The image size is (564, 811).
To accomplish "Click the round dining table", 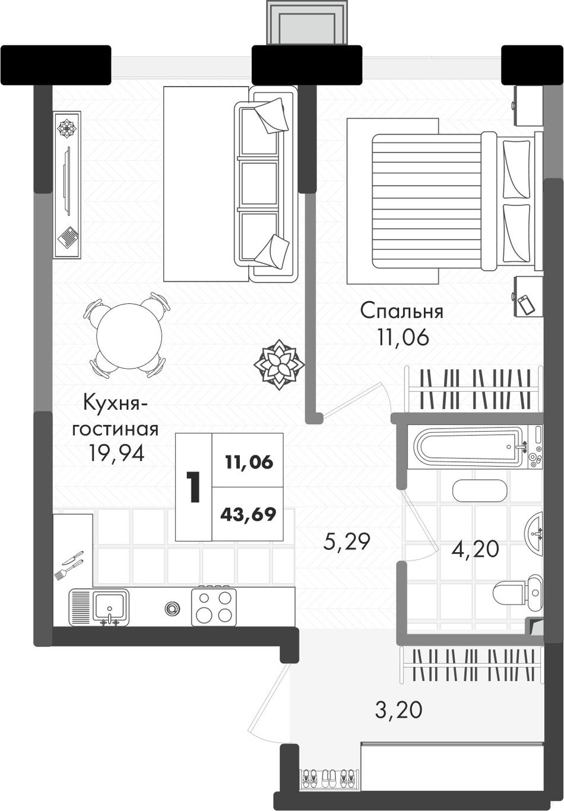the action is (x=129, y=335).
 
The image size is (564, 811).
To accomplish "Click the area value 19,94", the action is (x=116, y=453).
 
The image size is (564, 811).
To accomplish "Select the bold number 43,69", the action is (x=248, y=515).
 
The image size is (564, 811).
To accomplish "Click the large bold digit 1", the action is (x=194, y=487).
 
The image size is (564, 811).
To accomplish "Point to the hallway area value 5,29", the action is (x=347, y=542).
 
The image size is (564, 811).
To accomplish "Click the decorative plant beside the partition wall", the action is (x=279, y=365).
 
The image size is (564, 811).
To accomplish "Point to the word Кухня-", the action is (x=112, y=403).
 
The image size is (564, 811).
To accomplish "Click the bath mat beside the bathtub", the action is (x=480, y=491).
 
